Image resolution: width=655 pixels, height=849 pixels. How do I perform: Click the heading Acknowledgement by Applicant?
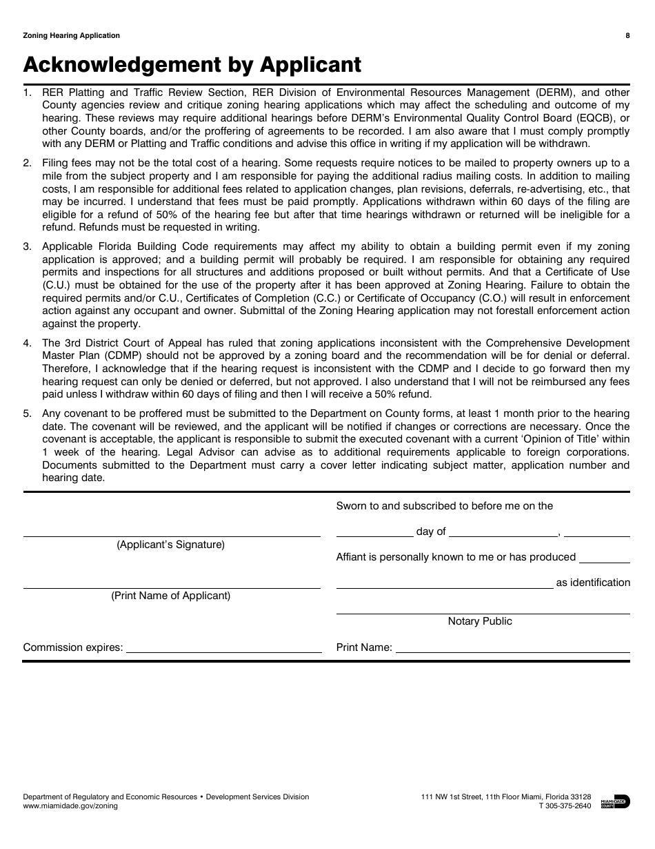(x=192, y=64)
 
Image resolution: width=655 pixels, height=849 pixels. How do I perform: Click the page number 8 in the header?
(x=627, y=36)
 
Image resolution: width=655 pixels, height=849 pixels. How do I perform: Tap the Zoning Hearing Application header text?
(x=72, y=36)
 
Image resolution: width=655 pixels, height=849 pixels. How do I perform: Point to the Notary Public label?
(x=480, y=621)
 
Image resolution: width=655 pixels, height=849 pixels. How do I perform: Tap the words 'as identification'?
(x=593, y=583)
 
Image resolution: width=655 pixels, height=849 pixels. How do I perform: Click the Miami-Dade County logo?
(x=615, y=801)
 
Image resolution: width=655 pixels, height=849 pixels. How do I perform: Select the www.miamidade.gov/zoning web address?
(x=70, y=806)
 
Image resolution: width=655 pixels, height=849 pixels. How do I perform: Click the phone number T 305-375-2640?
(x=565, y=806)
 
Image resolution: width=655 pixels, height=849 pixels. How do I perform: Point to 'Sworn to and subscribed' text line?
(x=445, y=506)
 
